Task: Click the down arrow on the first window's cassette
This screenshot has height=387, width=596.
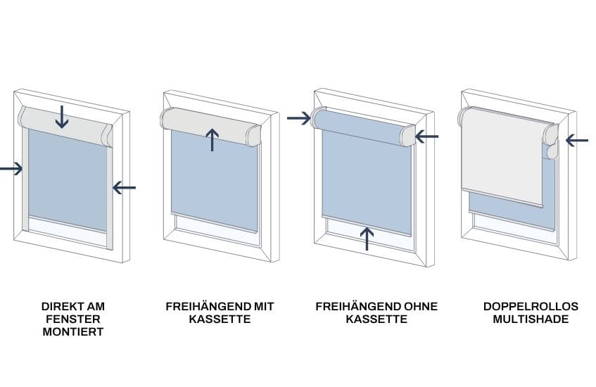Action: point(62,116)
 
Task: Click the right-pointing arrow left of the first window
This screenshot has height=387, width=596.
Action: point(11,168)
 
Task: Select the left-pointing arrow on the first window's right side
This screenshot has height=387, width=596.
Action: point(124,187)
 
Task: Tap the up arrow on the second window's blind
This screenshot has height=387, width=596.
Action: point(212,139)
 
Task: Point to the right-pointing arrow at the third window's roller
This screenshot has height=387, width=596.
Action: point(299,118)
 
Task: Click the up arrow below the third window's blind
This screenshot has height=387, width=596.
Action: point(367,239)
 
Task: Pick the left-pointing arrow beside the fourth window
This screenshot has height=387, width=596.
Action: point(577,140)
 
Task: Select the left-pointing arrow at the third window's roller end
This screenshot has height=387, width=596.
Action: point(426,136)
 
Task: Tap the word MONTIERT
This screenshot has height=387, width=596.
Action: point(73,331)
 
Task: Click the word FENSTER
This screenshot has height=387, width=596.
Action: point(73,319)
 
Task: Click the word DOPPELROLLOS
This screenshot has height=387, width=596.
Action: point(531,306)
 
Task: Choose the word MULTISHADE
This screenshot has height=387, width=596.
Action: point(531,319)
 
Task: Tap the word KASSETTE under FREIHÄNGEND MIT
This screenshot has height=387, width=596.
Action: point(220,319)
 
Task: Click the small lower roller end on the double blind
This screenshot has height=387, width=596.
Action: point(551,152)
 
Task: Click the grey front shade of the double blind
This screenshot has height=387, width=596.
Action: point(502,157)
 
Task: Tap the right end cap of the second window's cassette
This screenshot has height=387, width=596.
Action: point(254,135)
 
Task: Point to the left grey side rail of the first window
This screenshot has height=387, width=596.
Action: point(25,179)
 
